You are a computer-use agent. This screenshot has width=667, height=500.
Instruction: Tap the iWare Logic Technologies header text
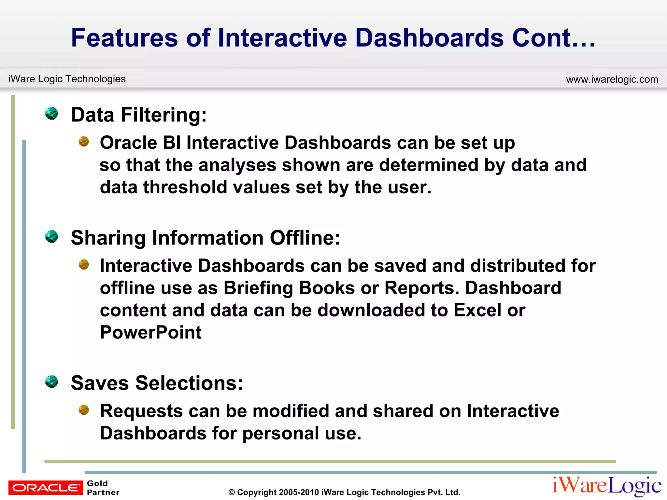point(67,79)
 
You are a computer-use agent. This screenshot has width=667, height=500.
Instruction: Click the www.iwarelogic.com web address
point(612,79)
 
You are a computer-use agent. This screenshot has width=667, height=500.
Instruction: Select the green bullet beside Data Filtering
point(52,114)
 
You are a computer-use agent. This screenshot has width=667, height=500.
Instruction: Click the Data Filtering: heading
point(139,115)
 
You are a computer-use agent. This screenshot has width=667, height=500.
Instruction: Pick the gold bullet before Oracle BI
point(84,142)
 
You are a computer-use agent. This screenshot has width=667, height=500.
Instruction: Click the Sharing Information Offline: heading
point(205,238)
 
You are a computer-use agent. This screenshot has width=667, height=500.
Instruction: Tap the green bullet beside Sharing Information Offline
point(52,236)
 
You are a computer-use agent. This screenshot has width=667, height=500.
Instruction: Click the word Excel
point(477,310)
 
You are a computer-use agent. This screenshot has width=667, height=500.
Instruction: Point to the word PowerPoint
point(150,332)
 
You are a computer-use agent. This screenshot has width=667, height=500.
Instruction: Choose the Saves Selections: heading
point(157,383)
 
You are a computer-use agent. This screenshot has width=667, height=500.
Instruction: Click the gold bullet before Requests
point(84,410)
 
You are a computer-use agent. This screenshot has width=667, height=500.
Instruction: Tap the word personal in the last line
point(280,433)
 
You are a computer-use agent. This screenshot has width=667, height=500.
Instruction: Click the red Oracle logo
point(46,487)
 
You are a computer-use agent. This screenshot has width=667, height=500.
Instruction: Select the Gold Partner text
point(103,488)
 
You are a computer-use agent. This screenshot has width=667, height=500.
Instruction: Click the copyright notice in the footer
point(344,492)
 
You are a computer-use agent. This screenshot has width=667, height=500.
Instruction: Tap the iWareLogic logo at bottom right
point(607,486)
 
